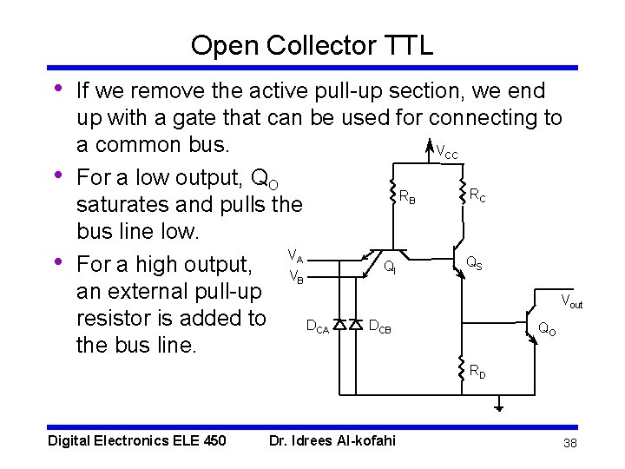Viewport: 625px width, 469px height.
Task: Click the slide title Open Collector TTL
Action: point(312,45)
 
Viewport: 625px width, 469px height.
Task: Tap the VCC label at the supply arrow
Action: point(446,153)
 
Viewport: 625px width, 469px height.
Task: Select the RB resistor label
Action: point(406,198)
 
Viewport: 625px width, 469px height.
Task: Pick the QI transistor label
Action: point(391,268)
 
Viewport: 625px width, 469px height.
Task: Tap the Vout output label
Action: point(571,302)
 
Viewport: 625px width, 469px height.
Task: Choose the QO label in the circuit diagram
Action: point(547,329)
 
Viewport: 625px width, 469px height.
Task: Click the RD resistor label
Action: point(477,372)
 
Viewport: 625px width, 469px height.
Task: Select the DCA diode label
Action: point(317,327)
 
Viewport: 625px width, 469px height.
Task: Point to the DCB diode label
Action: point(380,327)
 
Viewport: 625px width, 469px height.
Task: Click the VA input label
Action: point(295,258)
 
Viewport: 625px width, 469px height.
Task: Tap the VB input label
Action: point(295,278)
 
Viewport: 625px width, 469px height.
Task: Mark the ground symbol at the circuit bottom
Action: point(499,406)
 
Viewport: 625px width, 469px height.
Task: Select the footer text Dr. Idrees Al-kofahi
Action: point(332,441)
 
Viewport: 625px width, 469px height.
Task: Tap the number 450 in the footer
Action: point(214,441)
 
